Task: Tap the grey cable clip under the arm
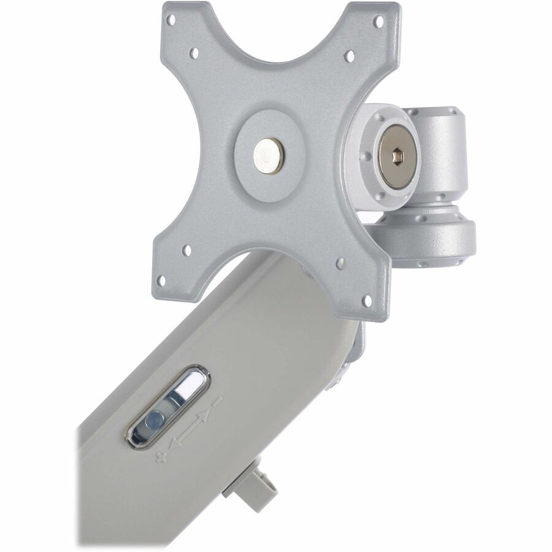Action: (250, 489)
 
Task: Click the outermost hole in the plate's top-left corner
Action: (171, 21)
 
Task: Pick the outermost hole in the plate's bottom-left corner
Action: (161, 280)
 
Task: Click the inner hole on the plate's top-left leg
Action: (194, 53)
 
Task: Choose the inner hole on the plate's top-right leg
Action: (349, 56)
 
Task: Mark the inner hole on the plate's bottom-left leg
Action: (187, 250)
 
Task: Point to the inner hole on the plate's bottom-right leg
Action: (340, 264)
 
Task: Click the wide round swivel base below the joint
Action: (429, 236)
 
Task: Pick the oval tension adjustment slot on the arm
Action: (169, 406)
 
